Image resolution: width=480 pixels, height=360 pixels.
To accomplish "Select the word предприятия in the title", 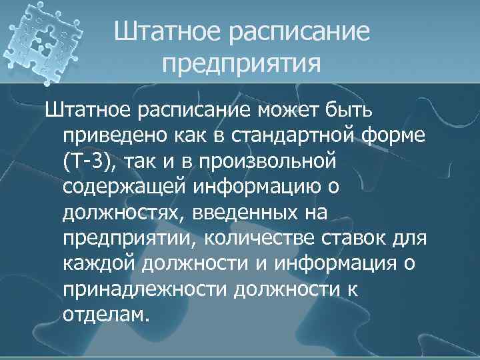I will (241, 65).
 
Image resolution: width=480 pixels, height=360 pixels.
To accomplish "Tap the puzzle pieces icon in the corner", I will (43, 43).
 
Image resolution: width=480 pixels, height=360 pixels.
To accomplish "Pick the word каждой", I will (99, 265).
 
